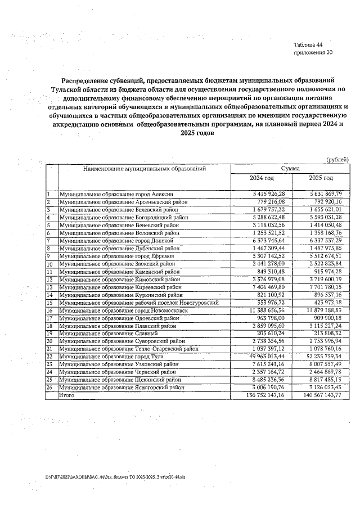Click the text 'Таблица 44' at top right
[x=308, y=44]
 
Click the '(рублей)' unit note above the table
[x=337, y=160]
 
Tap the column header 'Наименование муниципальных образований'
[x=145, y=168]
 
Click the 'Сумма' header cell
[x=290, y=168]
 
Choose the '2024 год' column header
[x=262, y=178]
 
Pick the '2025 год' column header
[x=321, y=178]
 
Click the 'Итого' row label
[x=67, y=395]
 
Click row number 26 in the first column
[x=49, y=388]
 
